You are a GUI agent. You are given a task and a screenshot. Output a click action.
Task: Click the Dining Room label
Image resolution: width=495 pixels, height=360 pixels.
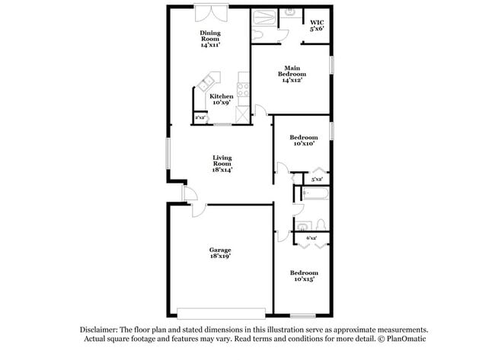pos(210,39)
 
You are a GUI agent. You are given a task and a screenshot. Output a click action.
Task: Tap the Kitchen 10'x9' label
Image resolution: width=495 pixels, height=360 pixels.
pos(222,100)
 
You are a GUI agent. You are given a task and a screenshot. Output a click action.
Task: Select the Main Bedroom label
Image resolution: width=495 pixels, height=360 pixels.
pos(292,70)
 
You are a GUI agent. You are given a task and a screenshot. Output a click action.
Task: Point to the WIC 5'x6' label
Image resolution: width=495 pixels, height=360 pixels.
pos(317,26)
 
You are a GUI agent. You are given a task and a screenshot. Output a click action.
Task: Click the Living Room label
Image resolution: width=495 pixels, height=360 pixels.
pos(222,164)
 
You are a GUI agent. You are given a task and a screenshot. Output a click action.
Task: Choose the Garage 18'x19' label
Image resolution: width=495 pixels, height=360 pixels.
pos(220,253)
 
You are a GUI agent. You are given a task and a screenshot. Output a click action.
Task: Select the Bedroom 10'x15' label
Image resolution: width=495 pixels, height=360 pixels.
pos(302,276)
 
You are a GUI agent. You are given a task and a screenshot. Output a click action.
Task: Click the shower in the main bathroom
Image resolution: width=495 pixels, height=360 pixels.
pos(267,17)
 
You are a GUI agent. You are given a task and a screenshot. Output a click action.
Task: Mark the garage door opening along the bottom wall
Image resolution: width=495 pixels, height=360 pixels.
pos(221,312)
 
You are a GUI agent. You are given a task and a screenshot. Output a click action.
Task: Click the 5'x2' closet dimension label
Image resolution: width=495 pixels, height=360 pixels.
pos(318,179)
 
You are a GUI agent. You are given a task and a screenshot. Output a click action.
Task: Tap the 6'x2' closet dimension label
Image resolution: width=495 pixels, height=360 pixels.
pos(312,238)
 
